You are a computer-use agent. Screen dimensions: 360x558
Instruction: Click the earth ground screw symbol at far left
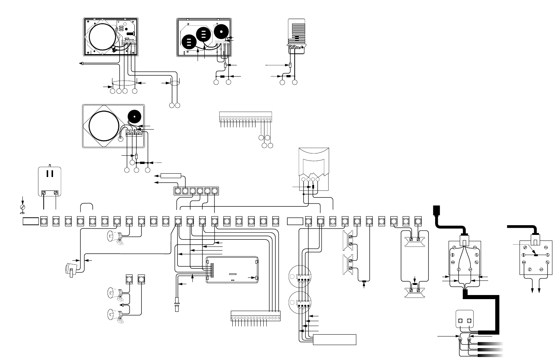(22, 206)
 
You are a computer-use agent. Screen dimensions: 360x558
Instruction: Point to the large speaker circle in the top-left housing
(100, 36)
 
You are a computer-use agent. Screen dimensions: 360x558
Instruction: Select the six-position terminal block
(196, 191)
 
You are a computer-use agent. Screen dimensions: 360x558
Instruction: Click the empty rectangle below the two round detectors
(334, 340)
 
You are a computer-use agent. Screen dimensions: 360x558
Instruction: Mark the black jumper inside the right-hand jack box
(535, 255)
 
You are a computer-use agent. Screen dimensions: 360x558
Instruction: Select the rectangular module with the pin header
(232, 270)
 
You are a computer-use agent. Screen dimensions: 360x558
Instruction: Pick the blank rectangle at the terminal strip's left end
(31, 221)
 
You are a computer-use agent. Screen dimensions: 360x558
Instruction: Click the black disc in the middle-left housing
(134, 117)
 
